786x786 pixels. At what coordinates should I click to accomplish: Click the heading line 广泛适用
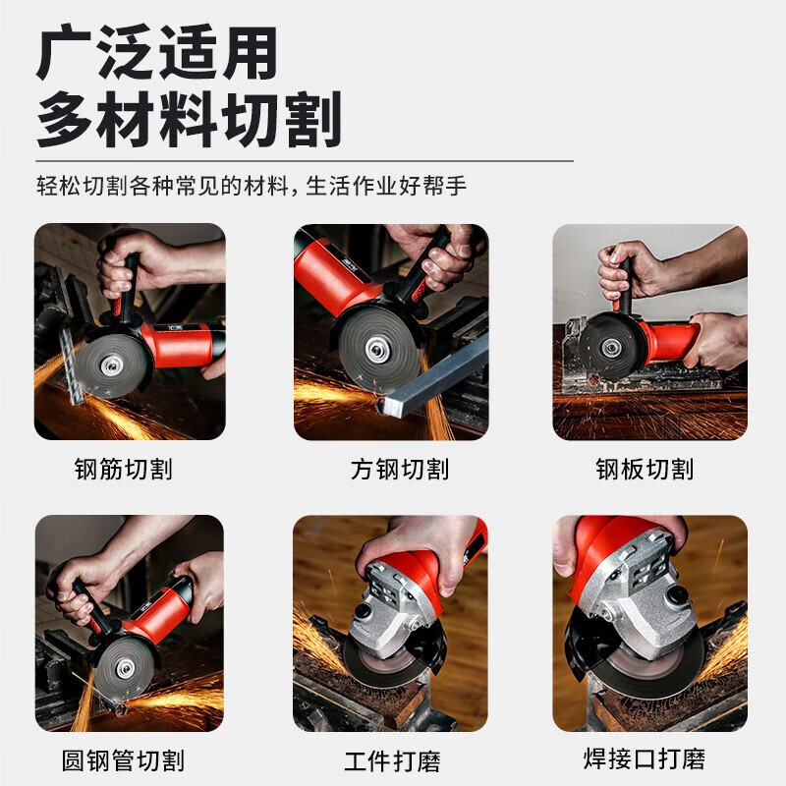157,53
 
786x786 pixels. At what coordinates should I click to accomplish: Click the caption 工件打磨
392,759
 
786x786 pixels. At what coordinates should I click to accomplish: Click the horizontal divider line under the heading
305,159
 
